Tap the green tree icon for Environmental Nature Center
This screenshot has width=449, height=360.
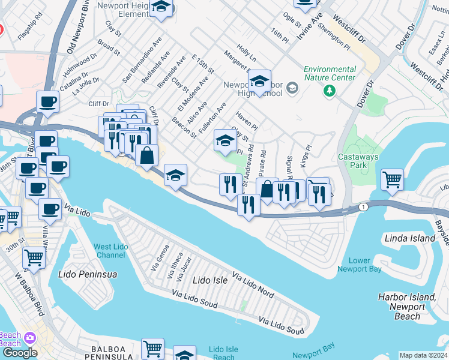pos(329,91)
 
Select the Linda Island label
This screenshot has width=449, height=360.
pos(409,238)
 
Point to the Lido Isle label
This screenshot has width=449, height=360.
pos(210,280)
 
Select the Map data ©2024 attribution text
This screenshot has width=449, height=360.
pos(423,355)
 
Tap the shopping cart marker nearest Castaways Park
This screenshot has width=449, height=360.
pos(391,178)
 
